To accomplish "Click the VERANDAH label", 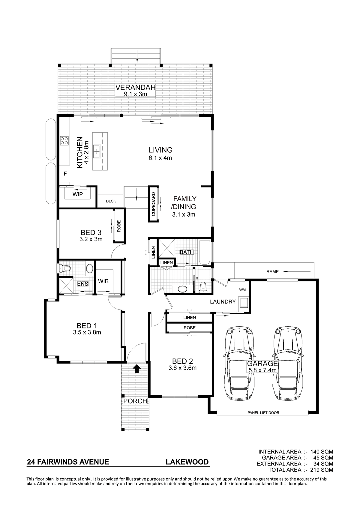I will [136, 88].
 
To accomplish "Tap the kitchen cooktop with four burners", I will [64, 141].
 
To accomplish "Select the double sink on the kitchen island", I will [97, 151].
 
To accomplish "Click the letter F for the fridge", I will [65, 174].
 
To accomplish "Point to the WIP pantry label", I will [77, 194].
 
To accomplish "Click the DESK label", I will [111, 201].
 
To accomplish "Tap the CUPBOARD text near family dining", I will [154, 204].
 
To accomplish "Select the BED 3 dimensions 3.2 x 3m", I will [91, 239].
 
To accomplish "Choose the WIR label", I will [103, 281].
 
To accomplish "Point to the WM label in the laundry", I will [242, 290].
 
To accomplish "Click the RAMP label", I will [272, 272].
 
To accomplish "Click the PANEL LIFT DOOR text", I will [263, 413].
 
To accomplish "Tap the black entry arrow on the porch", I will [137, 368].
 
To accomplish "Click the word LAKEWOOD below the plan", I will [187, 462].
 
